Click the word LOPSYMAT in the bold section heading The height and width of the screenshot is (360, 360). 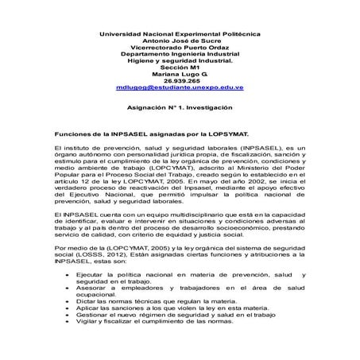pyautogui.click(x=227, y=136)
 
